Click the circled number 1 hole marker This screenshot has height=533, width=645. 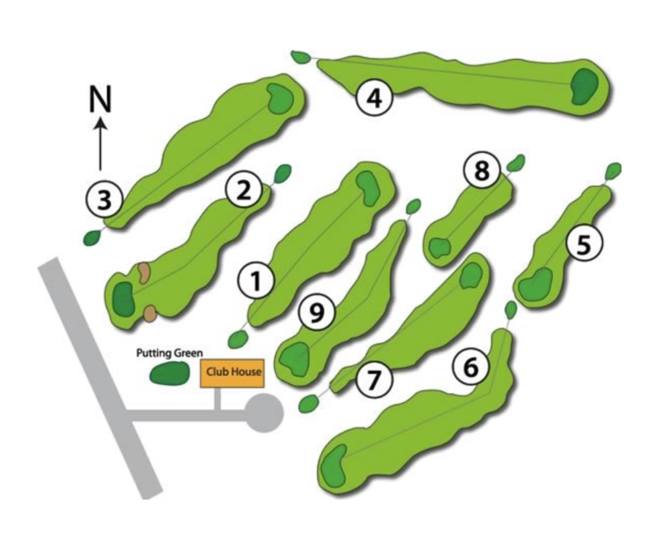pos(257,281)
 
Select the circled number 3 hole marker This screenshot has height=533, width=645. pos(104,199)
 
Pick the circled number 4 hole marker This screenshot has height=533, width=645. pos(375,98)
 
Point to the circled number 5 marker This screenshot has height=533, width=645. pos(584,245)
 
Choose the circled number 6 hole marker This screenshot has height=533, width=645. pos(471,366)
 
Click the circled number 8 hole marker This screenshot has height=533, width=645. pos(482,171)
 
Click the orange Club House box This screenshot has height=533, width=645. pos(233,372)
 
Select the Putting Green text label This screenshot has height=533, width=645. pos(169,353)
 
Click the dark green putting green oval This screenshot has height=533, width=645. pos(169,373)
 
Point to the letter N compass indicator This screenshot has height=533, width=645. pos(100,100)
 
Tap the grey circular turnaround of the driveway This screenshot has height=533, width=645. pos(264,413)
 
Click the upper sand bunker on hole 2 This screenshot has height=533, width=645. pos(144,272)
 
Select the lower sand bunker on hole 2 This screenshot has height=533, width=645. pos(150,313)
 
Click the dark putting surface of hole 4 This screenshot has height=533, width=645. pos(585,85)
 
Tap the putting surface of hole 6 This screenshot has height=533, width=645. pos(334,466)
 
